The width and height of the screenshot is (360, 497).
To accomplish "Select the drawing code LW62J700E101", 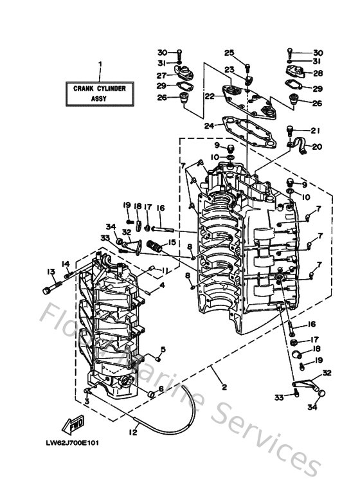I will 72,443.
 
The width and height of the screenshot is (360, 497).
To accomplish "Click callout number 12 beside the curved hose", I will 133,431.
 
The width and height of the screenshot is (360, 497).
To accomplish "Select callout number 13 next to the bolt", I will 50,271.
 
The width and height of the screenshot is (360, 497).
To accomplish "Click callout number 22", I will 210,96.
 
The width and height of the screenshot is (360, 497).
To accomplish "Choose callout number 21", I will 314,130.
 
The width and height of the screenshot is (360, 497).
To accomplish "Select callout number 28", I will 318,73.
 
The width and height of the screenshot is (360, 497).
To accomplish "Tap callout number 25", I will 229,52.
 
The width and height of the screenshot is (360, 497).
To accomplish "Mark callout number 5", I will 163,350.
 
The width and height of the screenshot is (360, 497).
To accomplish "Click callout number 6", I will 170,388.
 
